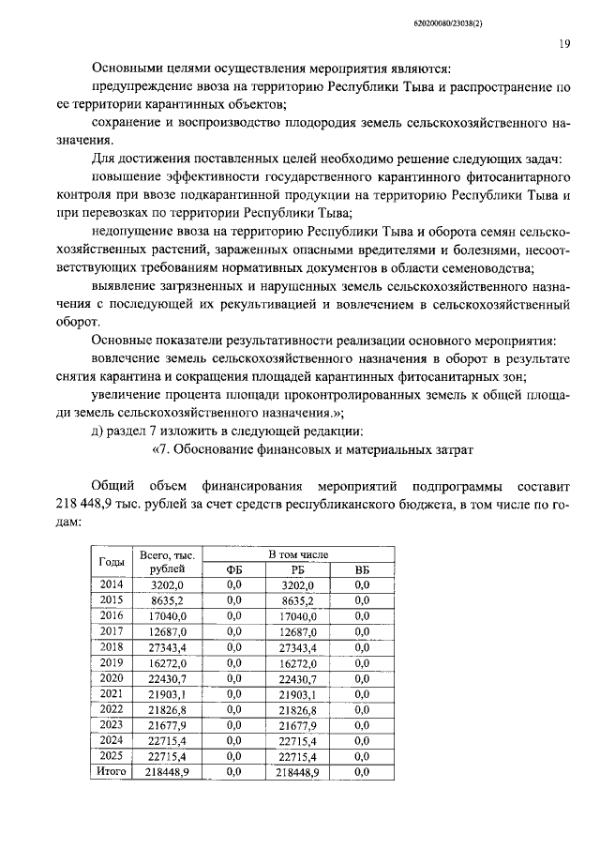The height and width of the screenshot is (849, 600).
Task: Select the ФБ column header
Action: (x=234, y=569)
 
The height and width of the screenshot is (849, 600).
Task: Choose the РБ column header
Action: (x=299, y=569)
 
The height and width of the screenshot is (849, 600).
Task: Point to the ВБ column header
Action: (x=362, y=569)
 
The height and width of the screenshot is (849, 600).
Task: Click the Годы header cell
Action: (x=112, y=561)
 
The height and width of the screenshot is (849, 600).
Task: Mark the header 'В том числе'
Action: (x=298, y=554)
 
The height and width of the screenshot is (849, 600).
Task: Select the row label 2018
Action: (x=112, y=647)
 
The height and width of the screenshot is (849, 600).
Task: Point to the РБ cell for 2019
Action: (x=299, y=661)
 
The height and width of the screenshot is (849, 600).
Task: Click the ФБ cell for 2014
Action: (x=234, y=584)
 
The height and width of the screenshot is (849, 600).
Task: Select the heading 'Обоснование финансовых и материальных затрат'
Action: (x=322, y=449)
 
